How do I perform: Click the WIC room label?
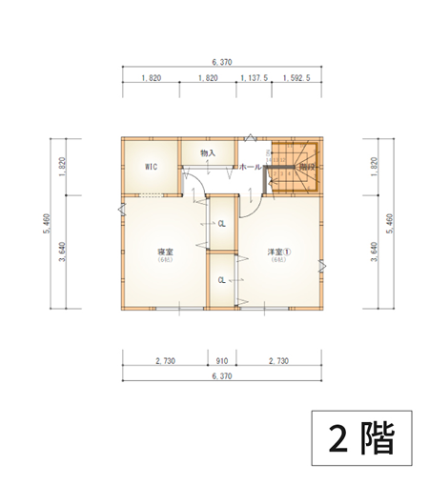(150, 166)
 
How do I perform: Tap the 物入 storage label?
(208, 152)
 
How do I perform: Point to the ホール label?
(250, 167)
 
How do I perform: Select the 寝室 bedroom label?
(164, 253)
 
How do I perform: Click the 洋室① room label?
(278, 253)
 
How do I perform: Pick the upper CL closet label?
(221, 224)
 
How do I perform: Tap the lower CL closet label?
(221, 280)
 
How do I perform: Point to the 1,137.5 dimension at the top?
(254, 79)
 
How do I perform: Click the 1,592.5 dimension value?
(296, 79)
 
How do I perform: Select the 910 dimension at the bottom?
(221, 361)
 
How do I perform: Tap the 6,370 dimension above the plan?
(220, 62)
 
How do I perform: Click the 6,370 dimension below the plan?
(220, 377)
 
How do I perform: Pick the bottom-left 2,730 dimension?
(164, 361)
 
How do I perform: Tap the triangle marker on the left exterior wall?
(120, 208)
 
